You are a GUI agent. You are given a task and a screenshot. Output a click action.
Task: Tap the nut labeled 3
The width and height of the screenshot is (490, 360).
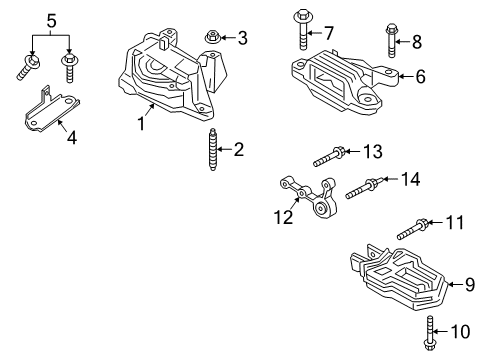tap(213, 38)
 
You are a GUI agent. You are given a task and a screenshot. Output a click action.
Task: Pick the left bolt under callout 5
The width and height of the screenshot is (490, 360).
tap(27, 66)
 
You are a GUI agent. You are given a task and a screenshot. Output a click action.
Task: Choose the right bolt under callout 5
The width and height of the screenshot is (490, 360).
tap(70, 66)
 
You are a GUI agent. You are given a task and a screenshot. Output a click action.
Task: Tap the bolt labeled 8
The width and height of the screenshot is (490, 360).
tap(390, 40)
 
